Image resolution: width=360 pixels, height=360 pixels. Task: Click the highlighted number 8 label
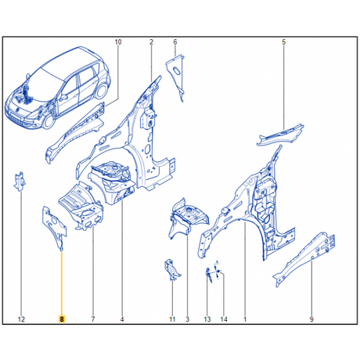point(62,319)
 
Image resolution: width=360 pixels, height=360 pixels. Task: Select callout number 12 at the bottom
point(21,319)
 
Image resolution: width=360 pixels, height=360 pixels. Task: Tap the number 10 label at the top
point(118,41)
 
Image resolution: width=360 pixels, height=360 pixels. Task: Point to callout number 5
point(284,41)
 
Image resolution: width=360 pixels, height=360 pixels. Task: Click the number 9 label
point(311,319)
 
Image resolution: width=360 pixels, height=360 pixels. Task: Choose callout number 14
point(224,319)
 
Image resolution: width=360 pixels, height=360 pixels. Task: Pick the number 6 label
point(175,41)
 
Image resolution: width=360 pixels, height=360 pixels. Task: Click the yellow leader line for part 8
point(62,283)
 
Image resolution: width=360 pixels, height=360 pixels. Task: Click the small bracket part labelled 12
point(20,182)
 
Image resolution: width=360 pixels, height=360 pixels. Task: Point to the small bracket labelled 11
point(171,270)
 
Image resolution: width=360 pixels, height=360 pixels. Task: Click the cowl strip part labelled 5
point(280,135)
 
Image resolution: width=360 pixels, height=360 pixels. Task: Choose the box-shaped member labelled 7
point(81,206)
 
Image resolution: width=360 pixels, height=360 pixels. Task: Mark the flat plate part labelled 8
point(54,225)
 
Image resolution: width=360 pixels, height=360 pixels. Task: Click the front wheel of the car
point(49,121)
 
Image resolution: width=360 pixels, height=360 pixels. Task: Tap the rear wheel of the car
point(101,91)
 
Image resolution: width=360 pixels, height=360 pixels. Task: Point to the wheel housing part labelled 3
point(189,218)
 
